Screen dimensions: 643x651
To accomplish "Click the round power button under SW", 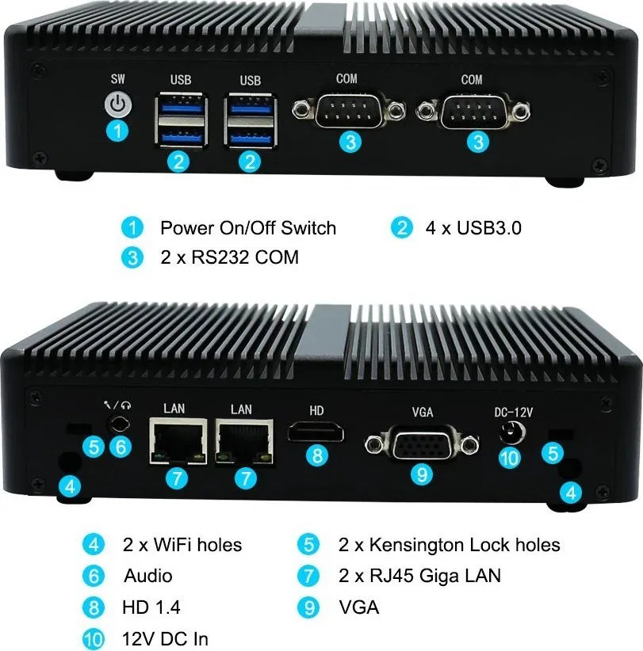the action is click(118, 105).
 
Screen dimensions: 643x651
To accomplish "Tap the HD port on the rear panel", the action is click(316, 432).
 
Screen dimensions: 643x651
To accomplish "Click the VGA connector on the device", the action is click(422, 444).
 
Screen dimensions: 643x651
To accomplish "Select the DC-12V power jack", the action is click(512, 432).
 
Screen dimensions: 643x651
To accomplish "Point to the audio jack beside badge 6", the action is click(119, 424).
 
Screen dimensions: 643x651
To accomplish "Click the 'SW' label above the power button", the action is click(118, 78).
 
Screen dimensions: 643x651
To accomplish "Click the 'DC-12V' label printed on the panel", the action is click(513, 412).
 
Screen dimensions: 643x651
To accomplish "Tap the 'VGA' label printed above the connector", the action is click(423, 412).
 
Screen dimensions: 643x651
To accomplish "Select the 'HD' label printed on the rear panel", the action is click(316, 410).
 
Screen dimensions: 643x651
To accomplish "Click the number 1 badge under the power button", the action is click(117, 131).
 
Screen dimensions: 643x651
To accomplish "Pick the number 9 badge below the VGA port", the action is click(422, 474).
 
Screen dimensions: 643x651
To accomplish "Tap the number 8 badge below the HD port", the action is click(317, 455).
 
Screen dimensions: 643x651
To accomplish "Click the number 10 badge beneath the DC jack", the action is click(510, 458).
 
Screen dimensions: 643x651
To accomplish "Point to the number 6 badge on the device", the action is click(121, 447).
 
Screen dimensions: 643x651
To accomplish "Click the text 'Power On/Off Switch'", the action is click(248, 228).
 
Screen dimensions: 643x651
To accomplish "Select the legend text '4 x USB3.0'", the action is click(473, 228).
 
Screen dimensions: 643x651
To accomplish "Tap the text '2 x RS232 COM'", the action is click(229, 257).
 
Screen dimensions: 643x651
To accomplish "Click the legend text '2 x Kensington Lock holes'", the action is click(450, 545).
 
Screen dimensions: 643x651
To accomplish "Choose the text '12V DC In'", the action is click(165, 638).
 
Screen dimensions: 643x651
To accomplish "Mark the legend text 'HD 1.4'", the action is click(151, 607).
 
